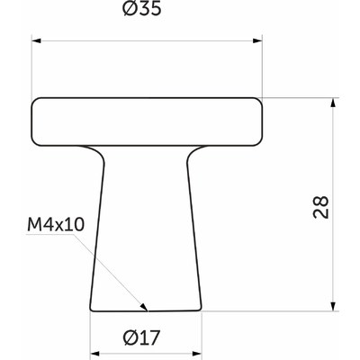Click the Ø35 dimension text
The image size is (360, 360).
(x=148, y=14)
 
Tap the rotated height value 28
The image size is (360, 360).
(x=323, y=205)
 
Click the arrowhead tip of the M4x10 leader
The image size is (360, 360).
(x=148, y=309)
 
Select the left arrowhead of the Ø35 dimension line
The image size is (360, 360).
(x=37, y=39)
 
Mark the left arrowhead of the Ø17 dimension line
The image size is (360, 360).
(x=94, y=355)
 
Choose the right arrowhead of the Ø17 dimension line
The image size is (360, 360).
(x=200, y=355)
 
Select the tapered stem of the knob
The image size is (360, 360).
(x=148, y=225)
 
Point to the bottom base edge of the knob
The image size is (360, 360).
(x=148, y=310)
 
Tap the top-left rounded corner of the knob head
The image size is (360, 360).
(x=38, y=103)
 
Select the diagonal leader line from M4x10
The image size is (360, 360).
(x=117, y=274)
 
